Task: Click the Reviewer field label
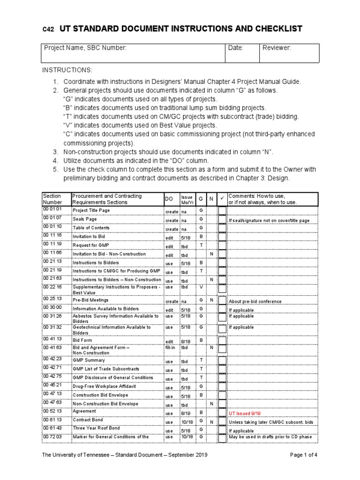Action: [277, 48]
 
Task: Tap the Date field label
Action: [235, 48]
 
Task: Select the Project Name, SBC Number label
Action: [85, 48]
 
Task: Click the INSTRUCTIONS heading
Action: [67, 70]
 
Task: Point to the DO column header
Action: [169, 199]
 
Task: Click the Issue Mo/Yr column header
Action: [187, 199]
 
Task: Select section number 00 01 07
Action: [52, 218]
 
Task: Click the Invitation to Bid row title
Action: [89, 237]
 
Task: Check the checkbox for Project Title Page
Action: [222, 211]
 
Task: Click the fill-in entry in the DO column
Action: [171, 348]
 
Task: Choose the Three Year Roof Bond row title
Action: [96, 428]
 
